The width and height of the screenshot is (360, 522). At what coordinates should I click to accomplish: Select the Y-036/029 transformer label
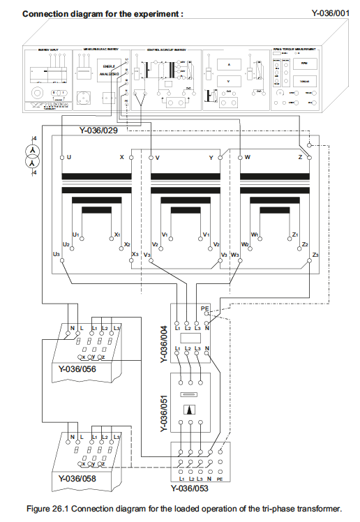pos(101,130)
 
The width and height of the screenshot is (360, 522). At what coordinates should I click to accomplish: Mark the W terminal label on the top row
pos(248,157)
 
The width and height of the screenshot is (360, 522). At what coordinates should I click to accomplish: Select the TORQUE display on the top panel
pos(303,80)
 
